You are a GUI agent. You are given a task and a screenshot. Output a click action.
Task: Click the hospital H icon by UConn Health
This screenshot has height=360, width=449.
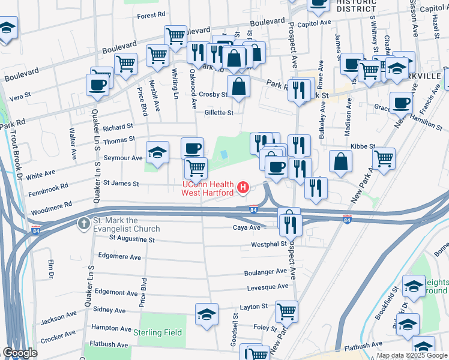243,188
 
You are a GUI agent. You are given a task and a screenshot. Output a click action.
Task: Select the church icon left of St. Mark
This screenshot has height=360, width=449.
82,224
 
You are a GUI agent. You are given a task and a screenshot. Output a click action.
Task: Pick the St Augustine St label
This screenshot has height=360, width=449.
131,239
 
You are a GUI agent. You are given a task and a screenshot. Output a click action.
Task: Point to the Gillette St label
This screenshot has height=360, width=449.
218,112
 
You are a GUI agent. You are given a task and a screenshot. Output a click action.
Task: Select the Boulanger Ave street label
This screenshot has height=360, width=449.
265,272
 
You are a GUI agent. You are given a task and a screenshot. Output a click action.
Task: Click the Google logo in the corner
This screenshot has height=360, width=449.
20,353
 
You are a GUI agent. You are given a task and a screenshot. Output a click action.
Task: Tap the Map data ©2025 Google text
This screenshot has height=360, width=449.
412,355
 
